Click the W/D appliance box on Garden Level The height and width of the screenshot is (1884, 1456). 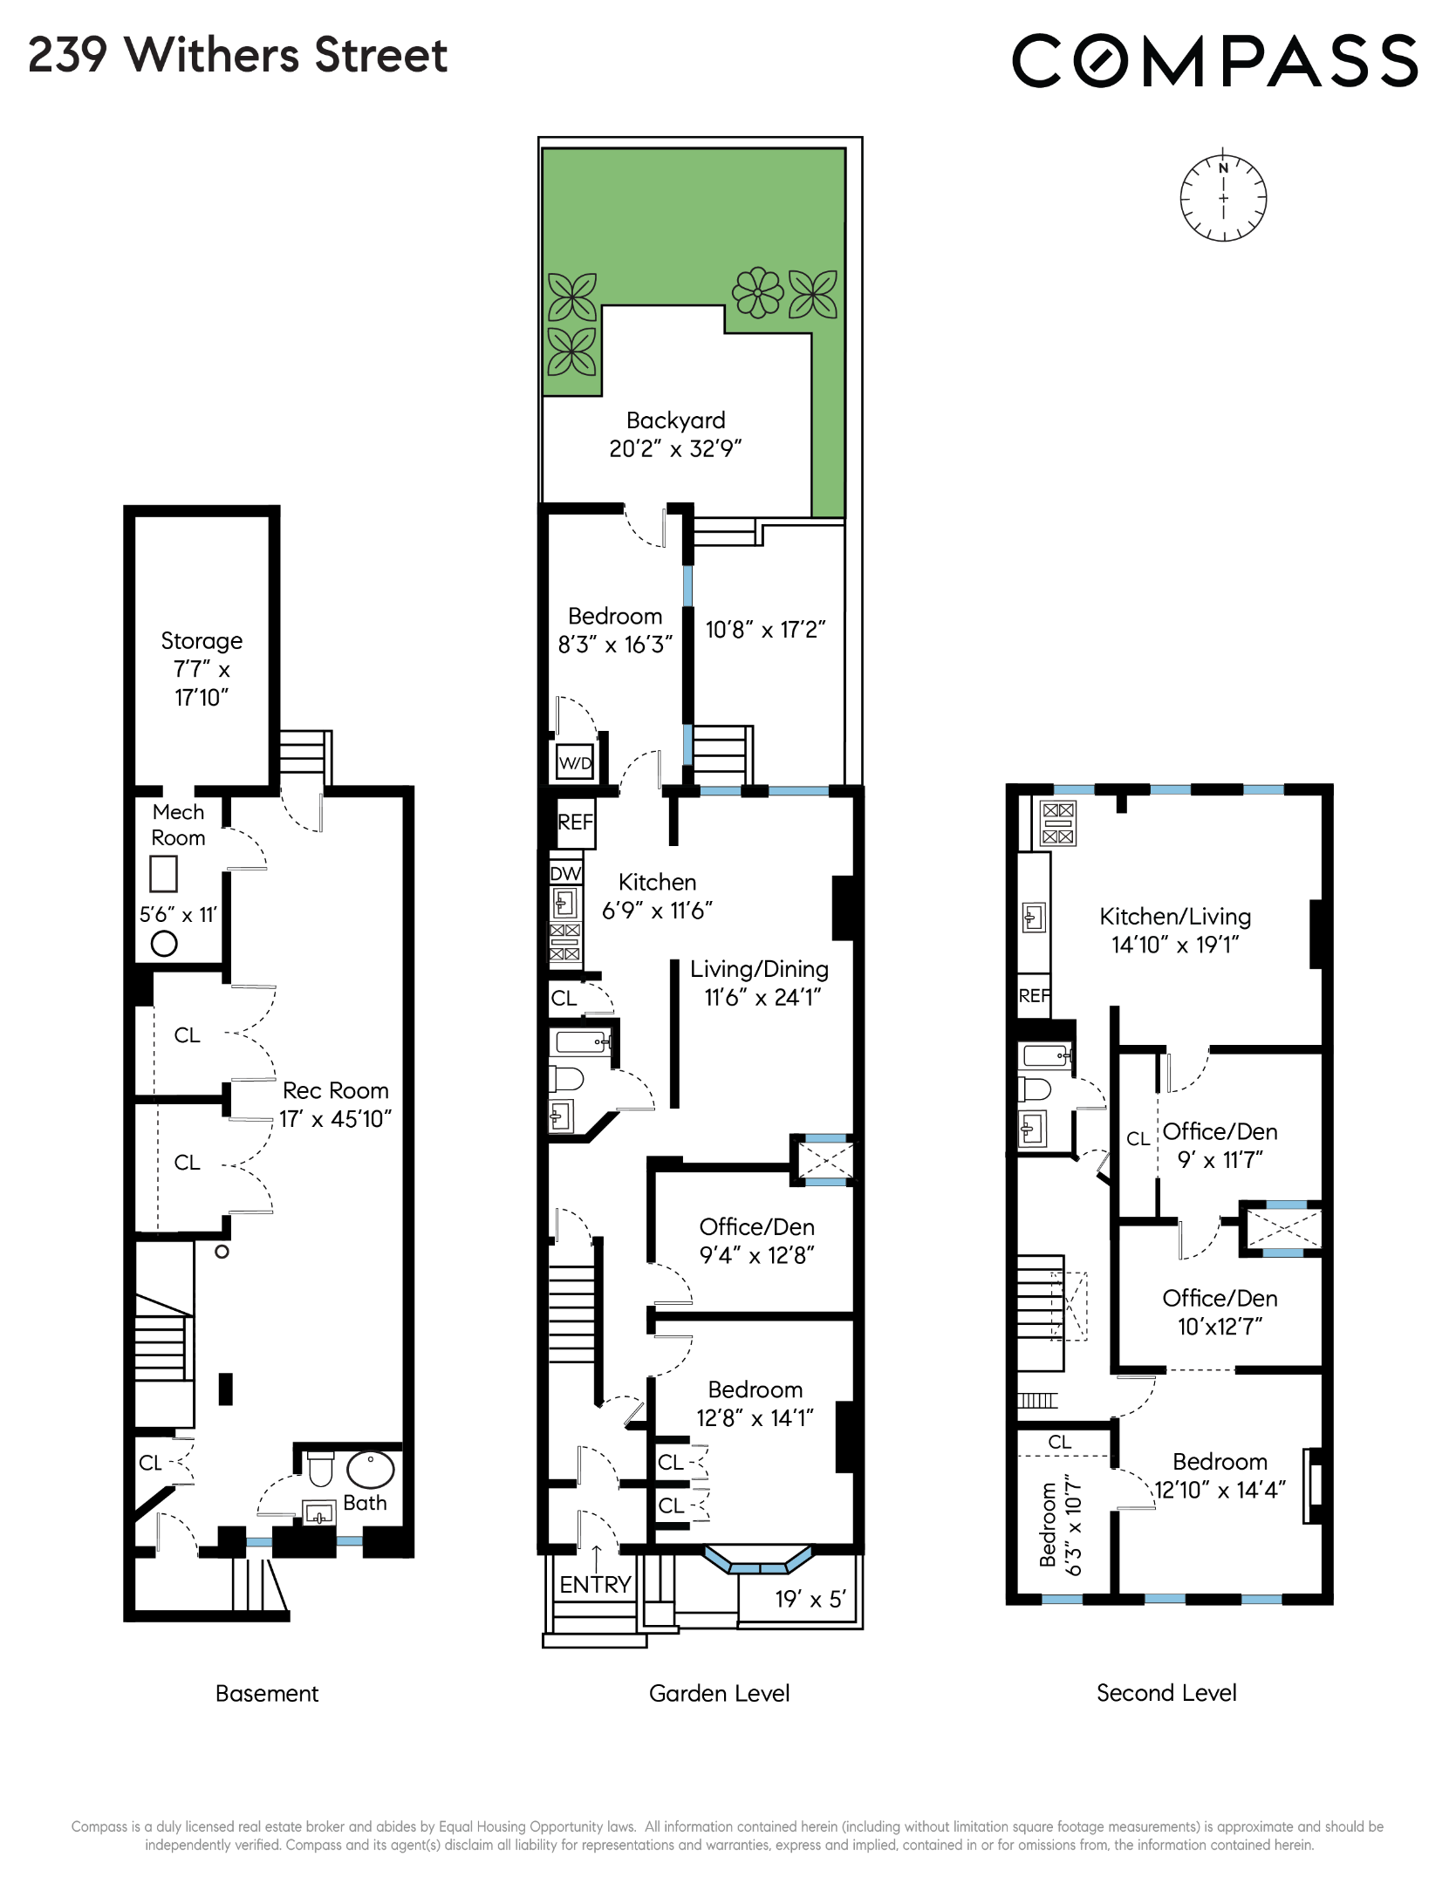(575, 762)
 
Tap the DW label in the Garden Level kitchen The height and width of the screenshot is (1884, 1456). (565, 873)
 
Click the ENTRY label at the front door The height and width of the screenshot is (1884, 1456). (595, 1585)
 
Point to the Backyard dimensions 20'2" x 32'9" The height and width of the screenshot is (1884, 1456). (675, 448)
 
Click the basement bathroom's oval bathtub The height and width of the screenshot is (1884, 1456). (371, 1470)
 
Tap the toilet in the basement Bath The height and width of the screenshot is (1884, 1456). (321, 1467)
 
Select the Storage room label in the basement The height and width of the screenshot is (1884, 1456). (202, 641)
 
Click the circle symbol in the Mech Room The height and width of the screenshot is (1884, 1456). (164, 943)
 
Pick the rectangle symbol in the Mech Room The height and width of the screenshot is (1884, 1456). (163, 873)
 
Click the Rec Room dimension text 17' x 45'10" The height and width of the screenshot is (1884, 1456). (335, 1119)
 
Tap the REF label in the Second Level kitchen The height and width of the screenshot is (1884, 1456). (1034, 995)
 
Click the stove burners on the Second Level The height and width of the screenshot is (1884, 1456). (1058, 823)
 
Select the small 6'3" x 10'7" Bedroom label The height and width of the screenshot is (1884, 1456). (1059, 1527)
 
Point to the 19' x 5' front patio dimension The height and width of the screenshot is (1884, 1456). (810, 1599)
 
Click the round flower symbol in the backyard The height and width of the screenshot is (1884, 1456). (757, 292)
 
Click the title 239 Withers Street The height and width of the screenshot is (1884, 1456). (237, 55)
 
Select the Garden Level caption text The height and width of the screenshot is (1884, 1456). (719, 1693)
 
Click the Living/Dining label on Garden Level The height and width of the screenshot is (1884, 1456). (759, 969)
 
